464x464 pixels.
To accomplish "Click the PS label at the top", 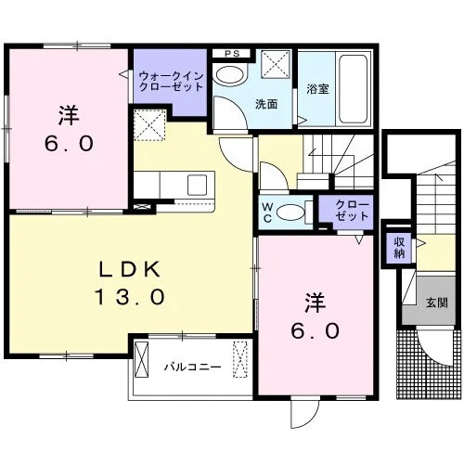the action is coord(232,54).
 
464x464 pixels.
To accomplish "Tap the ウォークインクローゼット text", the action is coord(171,81).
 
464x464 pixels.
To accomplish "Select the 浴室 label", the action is coord(317,89).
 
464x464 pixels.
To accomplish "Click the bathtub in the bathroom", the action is coord(354,89).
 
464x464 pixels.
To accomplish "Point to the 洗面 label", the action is coord(266,104).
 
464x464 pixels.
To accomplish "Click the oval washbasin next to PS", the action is coord(231,75).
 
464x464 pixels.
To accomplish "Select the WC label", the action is coord(267,213).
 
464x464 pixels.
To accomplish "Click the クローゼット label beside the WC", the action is coord(353,211).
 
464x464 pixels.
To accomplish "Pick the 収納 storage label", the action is coord(399,248).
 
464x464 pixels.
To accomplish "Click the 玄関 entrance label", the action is coord(437,303).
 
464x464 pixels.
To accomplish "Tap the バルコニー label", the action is coord(192,367).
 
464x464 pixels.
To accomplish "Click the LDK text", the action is coord(130,269).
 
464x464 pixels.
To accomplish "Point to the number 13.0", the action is coord(129,297).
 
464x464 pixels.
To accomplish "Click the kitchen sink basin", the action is coord(197,185).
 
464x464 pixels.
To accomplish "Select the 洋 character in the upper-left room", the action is coord(69,115).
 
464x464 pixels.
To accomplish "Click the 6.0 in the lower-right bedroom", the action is coord(316,330).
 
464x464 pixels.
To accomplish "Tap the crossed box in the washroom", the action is coord(277,65).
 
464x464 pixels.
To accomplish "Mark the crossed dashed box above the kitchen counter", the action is coord(149,125).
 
